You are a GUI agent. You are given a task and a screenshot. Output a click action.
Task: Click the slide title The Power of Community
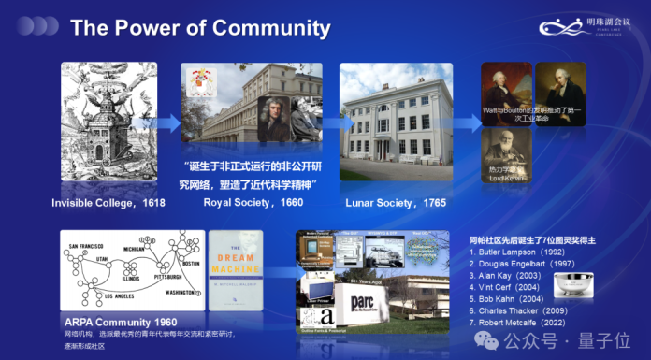coord(200,28)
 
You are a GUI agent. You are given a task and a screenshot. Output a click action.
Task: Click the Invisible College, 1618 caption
coord(110,203)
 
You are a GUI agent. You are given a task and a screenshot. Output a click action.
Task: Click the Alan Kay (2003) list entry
coord(512,278)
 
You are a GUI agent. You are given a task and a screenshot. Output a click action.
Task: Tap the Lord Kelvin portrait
coord(506,153)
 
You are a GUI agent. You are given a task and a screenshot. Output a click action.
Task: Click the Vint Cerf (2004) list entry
coord(512,290)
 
